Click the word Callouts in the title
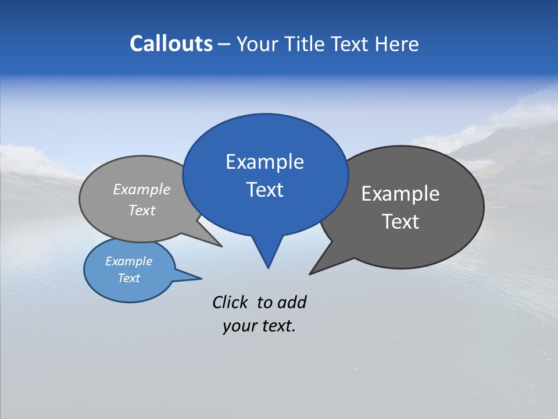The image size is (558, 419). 171,44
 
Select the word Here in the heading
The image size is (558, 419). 397,44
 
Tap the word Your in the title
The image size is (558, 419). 259,44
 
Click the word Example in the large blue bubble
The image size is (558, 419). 264,162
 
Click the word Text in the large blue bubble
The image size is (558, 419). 264,190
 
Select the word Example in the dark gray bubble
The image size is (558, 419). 400,194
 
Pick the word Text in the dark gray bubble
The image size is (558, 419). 400,222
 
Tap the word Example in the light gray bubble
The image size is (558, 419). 141,189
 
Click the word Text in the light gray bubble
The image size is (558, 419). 141,210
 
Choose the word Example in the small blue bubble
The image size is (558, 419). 128,261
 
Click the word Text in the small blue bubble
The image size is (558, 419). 128,278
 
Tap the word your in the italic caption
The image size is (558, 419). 239,326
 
